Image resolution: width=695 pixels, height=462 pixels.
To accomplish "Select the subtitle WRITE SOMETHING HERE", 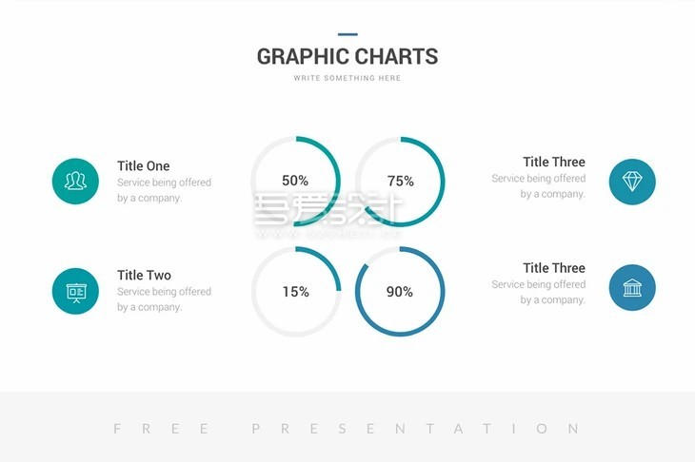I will click(347, 78).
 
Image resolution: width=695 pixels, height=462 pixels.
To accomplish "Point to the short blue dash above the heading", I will click(347, 34).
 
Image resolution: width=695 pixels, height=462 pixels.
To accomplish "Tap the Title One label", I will click(143, 165).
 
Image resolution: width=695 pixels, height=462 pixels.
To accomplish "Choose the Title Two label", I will click(144, 275).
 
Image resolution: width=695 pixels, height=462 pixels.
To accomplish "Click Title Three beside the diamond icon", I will click(554, 162).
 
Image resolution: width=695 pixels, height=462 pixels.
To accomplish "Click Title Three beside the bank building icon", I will click(554, 268).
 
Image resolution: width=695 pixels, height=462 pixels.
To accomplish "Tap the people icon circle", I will click(75, 181).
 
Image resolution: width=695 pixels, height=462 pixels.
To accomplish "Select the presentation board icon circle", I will click(75, 291).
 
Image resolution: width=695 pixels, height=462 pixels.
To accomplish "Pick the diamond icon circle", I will click(632, 181).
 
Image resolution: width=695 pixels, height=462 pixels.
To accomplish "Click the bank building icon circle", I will click(632, 287).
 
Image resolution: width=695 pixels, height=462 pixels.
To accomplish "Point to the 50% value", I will click(295, 181).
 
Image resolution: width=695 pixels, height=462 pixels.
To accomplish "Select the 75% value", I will click(400, 181).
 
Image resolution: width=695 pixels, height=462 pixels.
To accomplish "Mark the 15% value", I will click(295, 292).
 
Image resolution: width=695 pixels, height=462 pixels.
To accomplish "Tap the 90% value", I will click(400, 292).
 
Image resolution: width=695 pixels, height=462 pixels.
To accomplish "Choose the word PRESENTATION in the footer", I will click(415, 429).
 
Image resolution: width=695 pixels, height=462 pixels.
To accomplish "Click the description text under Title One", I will click(164, 190).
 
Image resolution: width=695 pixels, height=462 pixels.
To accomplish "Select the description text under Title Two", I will click(164, 299).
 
